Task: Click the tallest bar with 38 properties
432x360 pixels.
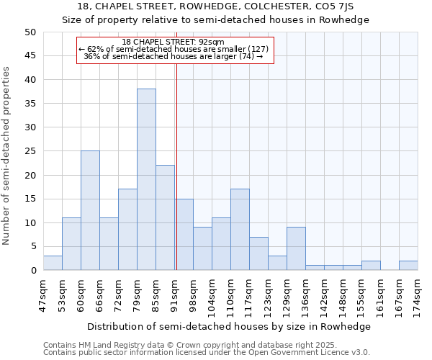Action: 146,179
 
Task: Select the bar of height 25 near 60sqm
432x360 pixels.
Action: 90,210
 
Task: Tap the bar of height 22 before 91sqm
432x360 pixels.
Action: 165,217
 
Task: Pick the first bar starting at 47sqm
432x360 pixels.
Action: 53,263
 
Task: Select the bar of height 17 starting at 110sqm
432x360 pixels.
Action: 240,230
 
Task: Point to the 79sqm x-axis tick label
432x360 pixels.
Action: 137,293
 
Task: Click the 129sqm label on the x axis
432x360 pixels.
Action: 287,293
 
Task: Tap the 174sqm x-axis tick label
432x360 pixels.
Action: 418,293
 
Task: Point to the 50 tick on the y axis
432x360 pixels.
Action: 30,32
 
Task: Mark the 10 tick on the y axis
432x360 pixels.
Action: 30,222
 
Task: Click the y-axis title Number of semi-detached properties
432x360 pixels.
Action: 7,156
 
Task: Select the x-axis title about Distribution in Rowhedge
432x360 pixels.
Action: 226,326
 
